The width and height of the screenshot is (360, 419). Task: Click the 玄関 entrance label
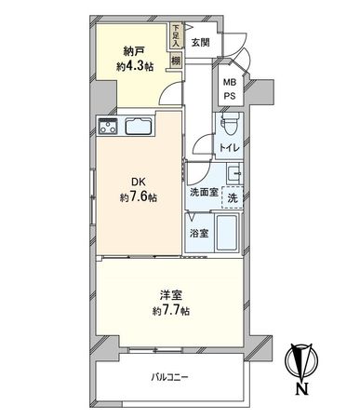pos(201,41)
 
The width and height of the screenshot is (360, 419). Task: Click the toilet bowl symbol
pos(233,125)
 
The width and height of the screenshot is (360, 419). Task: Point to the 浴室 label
pos(200,234)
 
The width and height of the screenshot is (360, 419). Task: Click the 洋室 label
pos(169,295)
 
